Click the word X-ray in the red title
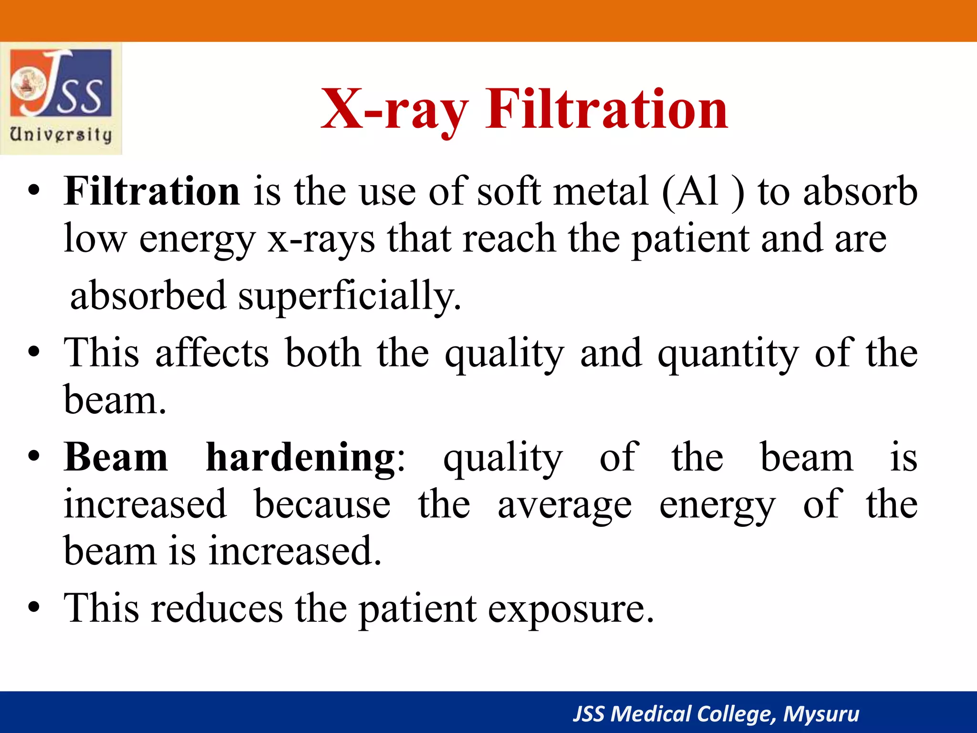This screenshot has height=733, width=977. pyautogui.click(x=394, y=110)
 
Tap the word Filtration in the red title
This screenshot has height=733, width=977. pyautogui.click(x=607, y=110)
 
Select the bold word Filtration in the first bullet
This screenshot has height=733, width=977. pyautogui.click(x=152, y=191)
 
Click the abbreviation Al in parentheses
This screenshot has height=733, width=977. pyautogui.click(x=699, y=191)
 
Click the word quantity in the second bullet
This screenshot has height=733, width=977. pyautogui.click(x=728, y=354)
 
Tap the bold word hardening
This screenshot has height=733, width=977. pyautogui.click(x=301, y=458)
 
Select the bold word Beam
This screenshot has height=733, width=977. pyautogui.click(x=116, y=458)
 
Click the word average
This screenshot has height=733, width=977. pyautogui.click(x=565, y=505)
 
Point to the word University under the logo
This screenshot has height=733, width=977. pyautogui.click(x=61, y=135)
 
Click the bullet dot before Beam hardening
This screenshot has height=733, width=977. pyautogui.click(x=33, y=457)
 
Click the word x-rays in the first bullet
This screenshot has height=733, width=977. pyautogui.click(x=321, y=239)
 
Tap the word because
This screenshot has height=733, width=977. pyautogui.click(x=322, y=504)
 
